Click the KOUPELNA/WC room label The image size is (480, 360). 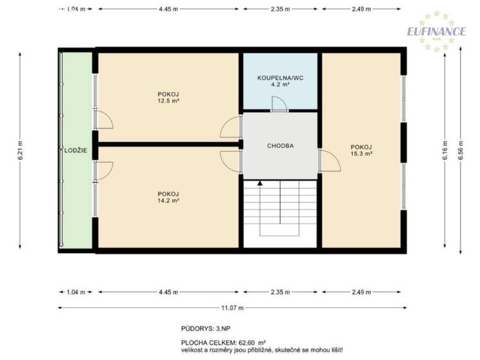280,78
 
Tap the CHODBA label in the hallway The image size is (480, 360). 280,146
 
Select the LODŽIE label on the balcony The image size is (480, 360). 76,150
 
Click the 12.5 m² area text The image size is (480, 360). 168,101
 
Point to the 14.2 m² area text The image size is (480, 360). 168,200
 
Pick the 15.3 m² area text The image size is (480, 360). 361,154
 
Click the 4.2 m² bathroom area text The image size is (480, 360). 280,85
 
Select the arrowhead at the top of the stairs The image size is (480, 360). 260,183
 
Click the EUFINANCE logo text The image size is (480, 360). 436,31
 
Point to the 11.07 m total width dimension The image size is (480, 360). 233,307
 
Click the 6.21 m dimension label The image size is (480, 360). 21,150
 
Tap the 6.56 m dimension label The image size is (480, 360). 460,150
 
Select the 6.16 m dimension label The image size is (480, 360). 445,150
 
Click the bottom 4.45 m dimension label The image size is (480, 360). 168,292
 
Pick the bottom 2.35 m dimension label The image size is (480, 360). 280,292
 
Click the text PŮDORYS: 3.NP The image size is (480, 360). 206,329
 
